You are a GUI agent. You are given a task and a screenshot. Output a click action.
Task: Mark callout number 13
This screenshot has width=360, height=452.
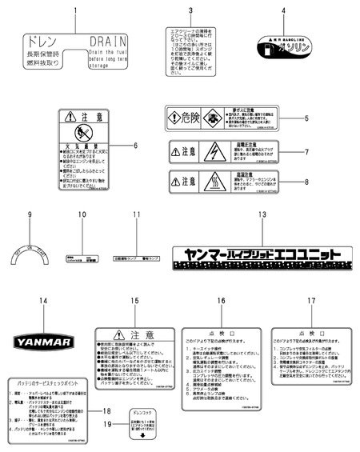[x=261, y=215]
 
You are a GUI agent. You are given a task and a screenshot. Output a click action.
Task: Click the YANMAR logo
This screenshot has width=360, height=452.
[x=46, y=338]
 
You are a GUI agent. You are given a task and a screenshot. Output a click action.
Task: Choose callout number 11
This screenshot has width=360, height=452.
[x=136, y=215]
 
